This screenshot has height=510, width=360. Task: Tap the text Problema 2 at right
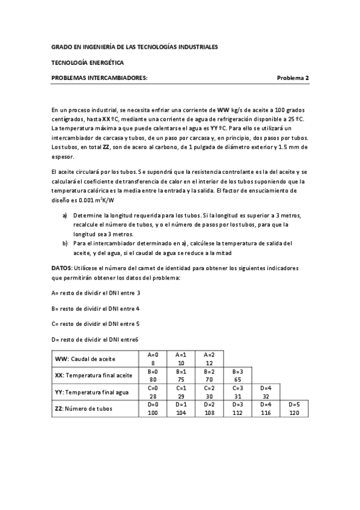tap(293, 78)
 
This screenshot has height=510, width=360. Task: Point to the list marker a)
tap(66, 215)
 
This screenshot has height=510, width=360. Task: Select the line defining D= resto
tap(95, 339)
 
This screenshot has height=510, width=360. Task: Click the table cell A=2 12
tap(209, 358)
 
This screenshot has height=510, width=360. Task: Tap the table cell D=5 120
tap(293, 409)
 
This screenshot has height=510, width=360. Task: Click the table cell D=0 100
tap(153, 409)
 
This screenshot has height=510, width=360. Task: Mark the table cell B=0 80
tap(153, 375)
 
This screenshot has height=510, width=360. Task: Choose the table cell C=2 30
tap(209, 392)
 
